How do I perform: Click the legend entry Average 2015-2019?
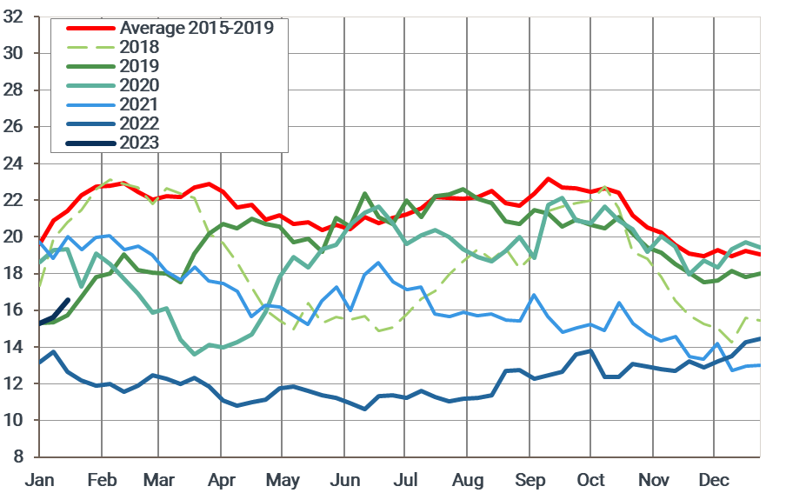tap(196, 28)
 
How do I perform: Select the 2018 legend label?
tap(139, 47)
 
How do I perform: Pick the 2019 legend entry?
tap(139, 66)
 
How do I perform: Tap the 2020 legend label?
tap(139, 85)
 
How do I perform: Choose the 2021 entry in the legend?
tap(139, 104)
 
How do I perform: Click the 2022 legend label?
tap(139, 123)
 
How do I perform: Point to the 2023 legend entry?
tap(139, 142)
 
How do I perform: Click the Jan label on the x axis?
tap(41, 481)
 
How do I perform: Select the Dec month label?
tap(714, 481)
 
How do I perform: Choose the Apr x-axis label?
tap(222, 481)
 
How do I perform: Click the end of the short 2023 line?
tap(69, 300)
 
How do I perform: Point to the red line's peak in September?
tap(548, 179)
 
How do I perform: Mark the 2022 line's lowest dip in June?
tap(364, 409)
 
